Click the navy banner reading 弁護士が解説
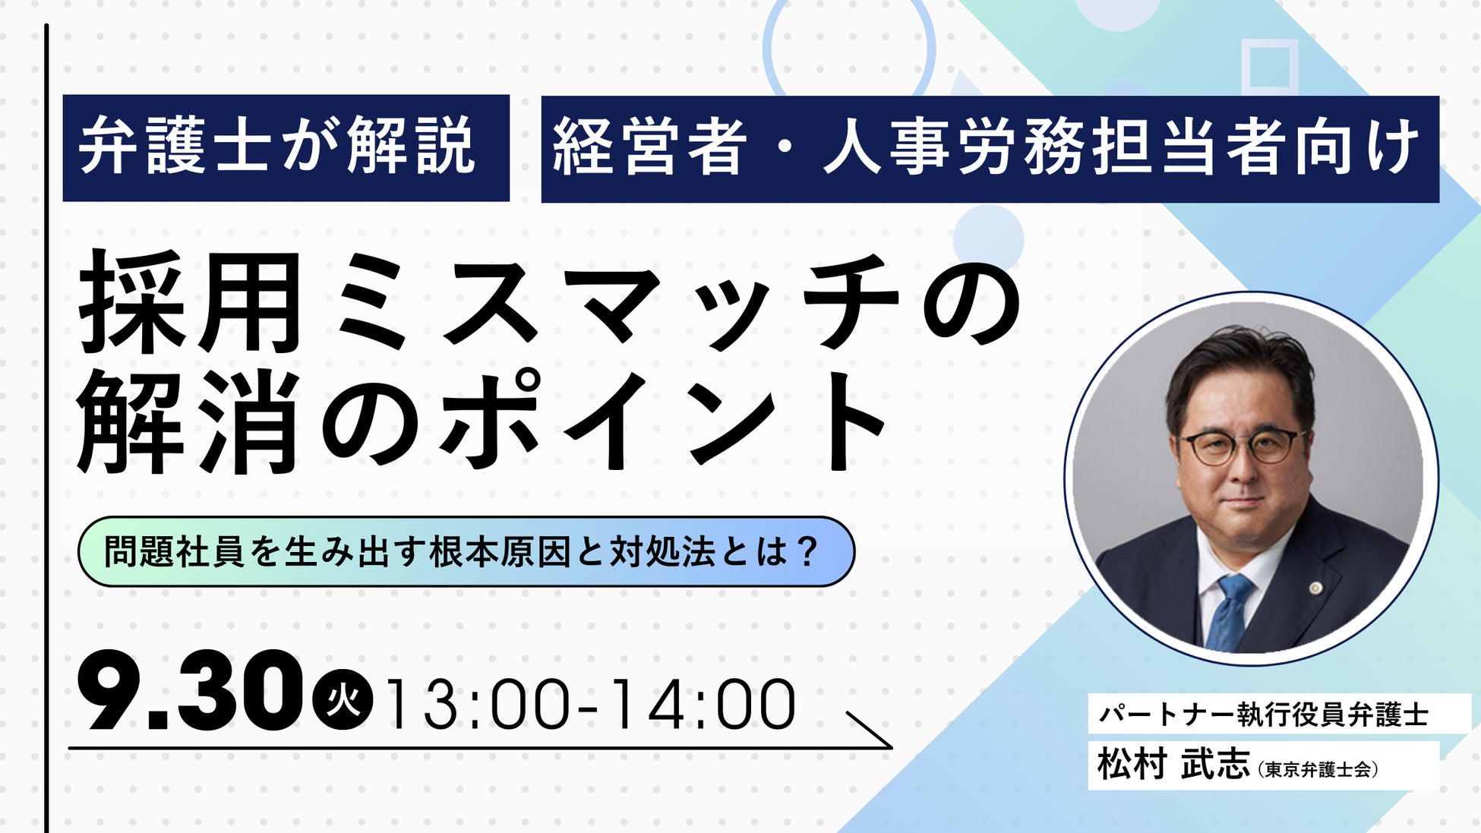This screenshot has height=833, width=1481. pos(286,148)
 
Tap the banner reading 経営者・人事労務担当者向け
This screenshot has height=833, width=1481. pos(990,149)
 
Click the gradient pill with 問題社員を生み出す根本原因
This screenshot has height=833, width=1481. pos(466,551)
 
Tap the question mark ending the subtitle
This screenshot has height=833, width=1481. pos(807,551)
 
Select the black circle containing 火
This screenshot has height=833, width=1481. pos(343,699)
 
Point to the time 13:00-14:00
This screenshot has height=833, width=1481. pos(591,705)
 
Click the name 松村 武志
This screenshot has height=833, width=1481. pos(1173,764)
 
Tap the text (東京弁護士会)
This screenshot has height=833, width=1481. pos(1318,769)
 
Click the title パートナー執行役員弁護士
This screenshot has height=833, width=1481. pos(1264,714)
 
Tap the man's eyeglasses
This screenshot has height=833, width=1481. pos(1243,446)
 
